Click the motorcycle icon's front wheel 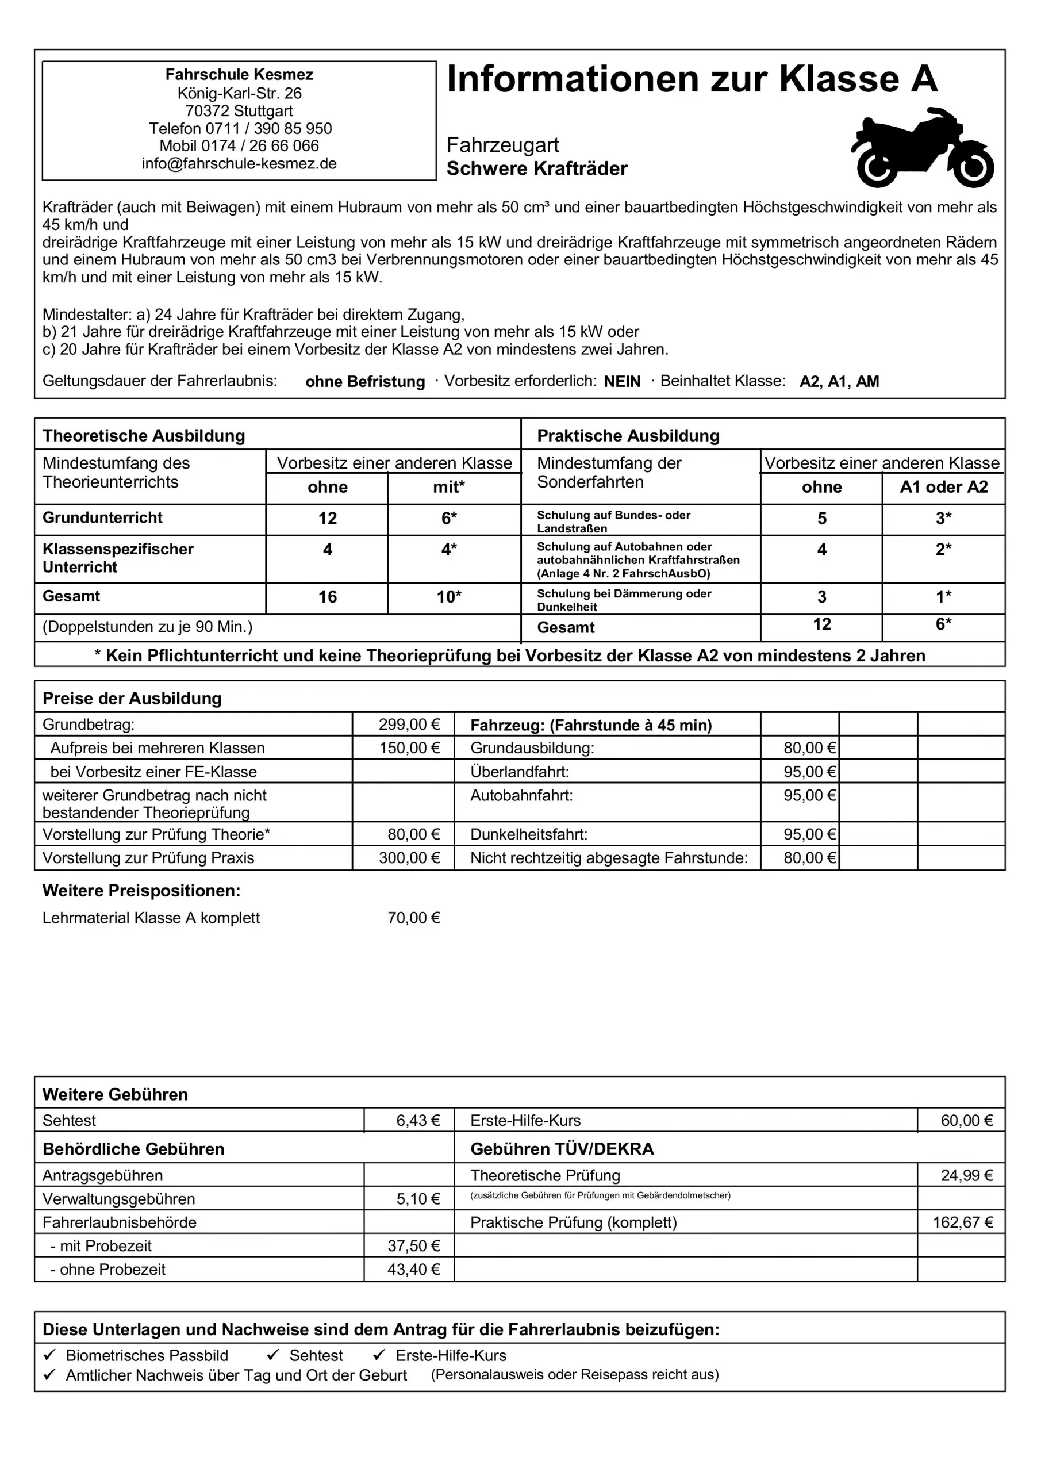pos(973,168)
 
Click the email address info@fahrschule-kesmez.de pos(239,163)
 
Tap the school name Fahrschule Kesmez pos(239,74)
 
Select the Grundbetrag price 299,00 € pos(409,724)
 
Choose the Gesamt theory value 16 pos(328,597)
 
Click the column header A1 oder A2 pos(943,486)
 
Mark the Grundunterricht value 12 pos(328,518)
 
